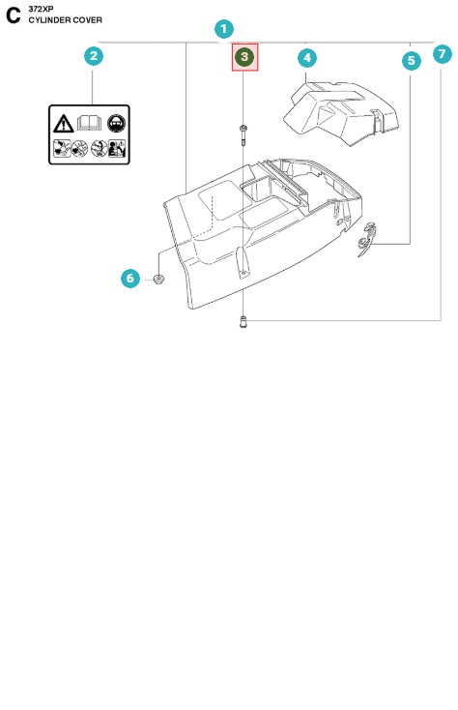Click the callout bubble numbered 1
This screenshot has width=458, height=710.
(x=223, y=29)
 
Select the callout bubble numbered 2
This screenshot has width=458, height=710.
(x=93, y=56)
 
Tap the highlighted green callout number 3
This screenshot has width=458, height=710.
(x=244, y=57)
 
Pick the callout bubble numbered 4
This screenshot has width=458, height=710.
(x=307, y=58)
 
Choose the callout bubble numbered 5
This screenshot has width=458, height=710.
(x=412, y=60)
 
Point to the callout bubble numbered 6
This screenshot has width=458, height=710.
(x=130, y=279)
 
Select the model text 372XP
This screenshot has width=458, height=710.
(x=41, y=9)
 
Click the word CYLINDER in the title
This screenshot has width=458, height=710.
(x=49, y=19)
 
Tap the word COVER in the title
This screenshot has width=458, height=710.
(x=88, y=19)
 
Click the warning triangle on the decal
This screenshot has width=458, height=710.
(x=63, y=124)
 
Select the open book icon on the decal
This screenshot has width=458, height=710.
(x=91, y=123)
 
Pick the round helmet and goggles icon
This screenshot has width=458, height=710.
(x=120, y=123)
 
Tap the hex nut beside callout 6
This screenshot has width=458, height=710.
(x=158, y=281)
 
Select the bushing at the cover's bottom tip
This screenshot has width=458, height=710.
(x=243, y=323)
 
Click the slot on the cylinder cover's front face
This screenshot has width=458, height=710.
(x=240, y=259)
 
